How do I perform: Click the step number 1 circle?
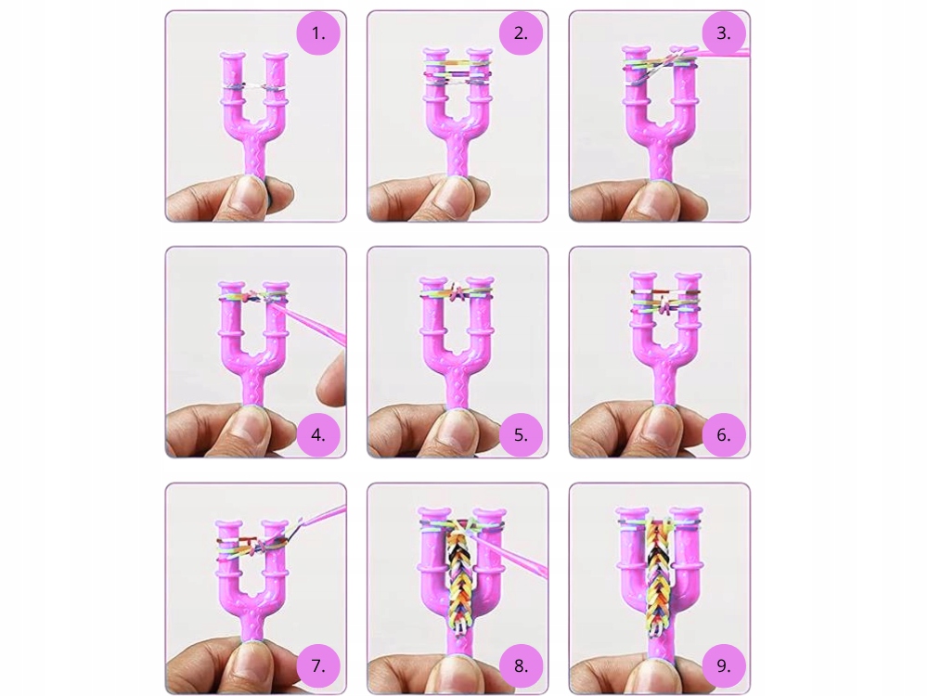[x=318, y=33]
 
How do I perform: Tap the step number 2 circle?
[x=521, y=33]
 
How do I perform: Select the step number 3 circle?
[x=723, y=33]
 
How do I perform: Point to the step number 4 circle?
[x=318, y=435]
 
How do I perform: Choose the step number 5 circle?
[x=521, y=435]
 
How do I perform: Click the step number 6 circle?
[x=723, y=435]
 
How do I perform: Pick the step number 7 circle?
[x=318, y=665]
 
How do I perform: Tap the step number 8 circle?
[x=521, y=665]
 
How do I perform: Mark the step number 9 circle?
[x=723, y=665]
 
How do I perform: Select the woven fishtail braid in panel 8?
[x=458, y=583]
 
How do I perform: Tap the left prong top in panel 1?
[x=232, y=58]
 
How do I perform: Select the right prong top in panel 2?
[x=480, y=52]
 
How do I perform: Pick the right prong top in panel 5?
[x=480, y=281]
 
